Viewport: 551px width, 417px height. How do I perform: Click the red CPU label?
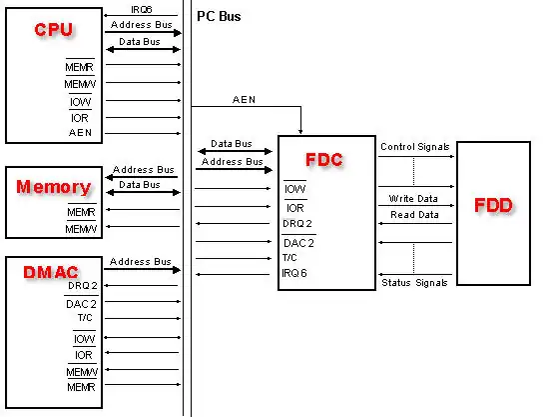[x=53, y=30]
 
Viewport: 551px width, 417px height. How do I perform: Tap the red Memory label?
[x=54, y=186]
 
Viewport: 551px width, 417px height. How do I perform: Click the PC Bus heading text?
[x=219, y=17]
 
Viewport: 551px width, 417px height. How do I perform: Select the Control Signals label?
[x=414, y=147]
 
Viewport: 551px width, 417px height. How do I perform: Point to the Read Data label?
[x=414, y=215]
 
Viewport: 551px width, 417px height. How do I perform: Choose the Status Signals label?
[x=414, y=284]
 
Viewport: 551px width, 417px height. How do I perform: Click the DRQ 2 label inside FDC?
[x=298, y=224]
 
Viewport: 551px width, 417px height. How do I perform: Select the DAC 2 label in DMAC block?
[x=82, y=302]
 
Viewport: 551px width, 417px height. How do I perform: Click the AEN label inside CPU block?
[x=81, y=132]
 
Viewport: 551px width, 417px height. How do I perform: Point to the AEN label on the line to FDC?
[x=244, y=100]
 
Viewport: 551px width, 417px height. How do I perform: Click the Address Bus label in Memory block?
[x=144, y=170]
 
